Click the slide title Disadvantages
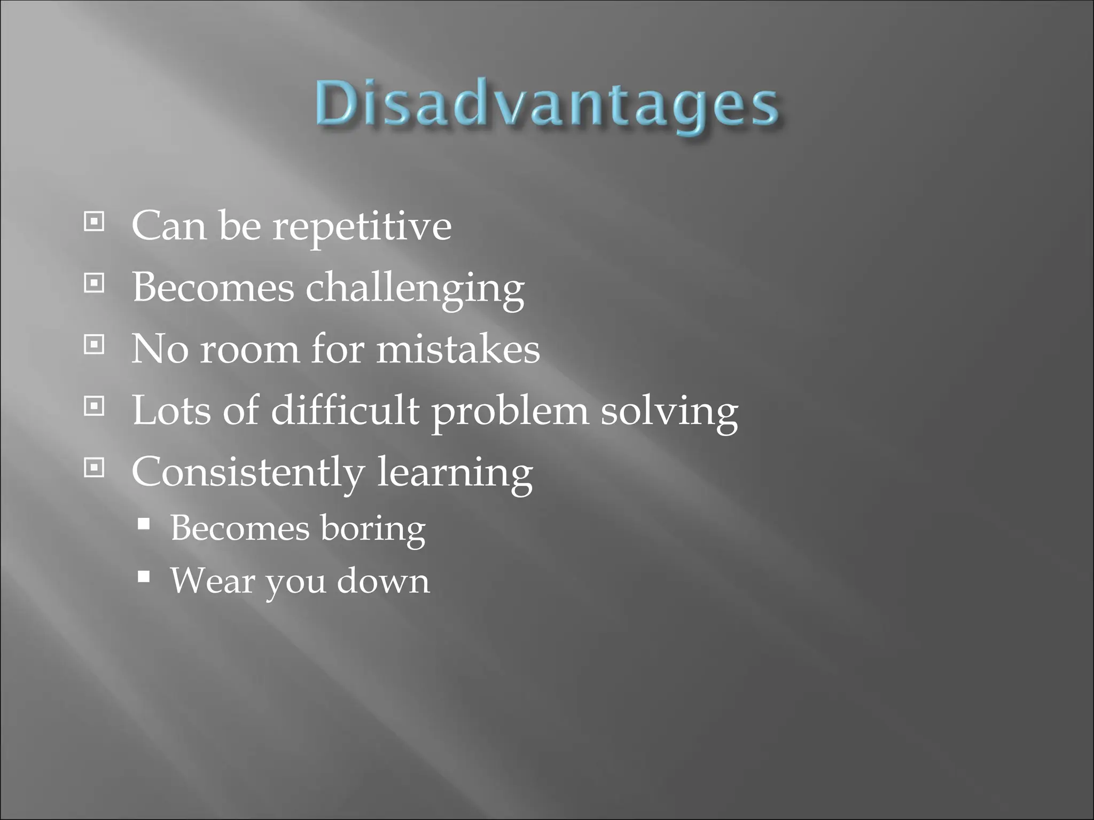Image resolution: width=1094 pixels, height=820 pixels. point(546,104)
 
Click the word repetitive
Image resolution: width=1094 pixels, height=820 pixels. point(362,226)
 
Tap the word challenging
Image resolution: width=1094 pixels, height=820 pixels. point(415,288)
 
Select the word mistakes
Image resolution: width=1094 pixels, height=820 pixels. point(458,349)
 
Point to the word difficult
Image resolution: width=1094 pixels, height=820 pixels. point(345,411)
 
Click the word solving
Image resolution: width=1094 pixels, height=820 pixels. point(669,412)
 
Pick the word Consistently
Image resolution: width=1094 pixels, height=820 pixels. point(248,473)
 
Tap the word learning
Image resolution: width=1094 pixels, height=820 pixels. point(455,473)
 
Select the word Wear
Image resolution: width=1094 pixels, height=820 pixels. point(213,580)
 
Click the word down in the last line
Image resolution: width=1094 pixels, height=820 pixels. point(383,580)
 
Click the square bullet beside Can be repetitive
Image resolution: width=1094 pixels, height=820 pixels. point(94,222)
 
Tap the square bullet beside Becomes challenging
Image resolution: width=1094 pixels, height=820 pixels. point(94,283)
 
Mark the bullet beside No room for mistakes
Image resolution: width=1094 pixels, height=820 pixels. point(94,345)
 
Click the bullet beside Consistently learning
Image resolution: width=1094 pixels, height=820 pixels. point(94,468)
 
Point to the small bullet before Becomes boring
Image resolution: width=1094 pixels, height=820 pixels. point(143,524)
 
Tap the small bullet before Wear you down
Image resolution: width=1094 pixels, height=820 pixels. point(143,577)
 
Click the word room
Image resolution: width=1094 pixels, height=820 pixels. point(249,350)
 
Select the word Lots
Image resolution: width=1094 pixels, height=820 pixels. point(171,411)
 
